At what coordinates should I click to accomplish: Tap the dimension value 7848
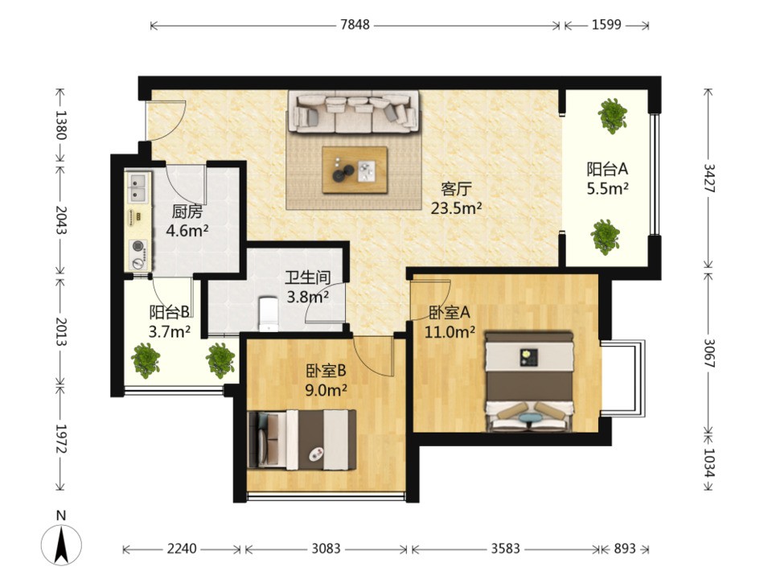[x=355, y=25]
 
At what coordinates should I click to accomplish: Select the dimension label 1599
[x=606, y=25]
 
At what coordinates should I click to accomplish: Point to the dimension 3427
[x=709, y=178]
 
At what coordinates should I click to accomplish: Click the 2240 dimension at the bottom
[x=182, y=548]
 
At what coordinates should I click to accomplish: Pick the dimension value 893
[x=625, y=548]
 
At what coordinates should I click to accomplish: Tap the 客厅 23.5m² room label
[x=457, y=199]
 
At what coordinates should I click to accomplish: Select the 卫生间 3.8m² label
[x=308, y=287]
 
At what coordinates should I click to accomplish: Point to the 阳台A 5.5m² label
[x=608, y=179]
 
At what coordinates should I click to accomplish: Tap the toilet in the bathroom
[x=269, y=313]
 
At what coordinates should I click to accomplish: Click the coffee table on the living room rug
[x=355, y=170]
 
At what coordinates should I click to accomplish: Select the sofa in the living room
[x=354, y=112]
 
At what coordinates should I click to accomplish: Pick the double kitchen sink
[x=138, y=187]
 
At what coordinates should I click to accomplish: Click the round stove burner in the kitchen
[x=137, y=246]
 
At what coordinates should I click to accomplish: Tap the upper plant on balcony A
[x=613, y=116]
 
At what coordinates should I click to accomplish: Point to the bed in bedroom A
[x=530, y=381]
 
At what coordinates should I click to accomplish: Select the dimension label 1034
[x=709, y=462]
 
